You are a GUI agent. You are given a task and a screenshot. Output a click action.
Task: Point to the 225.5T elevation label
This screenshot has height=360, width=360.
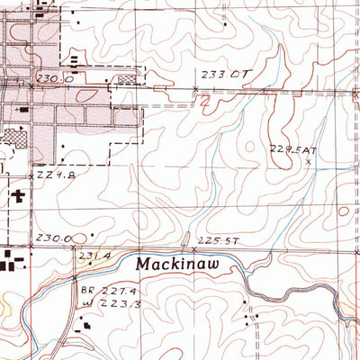(x=219, y=240)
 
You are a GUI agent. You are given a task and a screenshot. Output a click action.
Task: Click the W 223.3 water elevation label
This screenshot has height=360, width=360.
(x=104, y=306)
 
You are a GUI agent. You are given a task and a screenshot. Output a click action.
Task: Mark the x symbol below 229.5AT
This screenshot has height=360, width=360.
(x=309, y=162)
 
